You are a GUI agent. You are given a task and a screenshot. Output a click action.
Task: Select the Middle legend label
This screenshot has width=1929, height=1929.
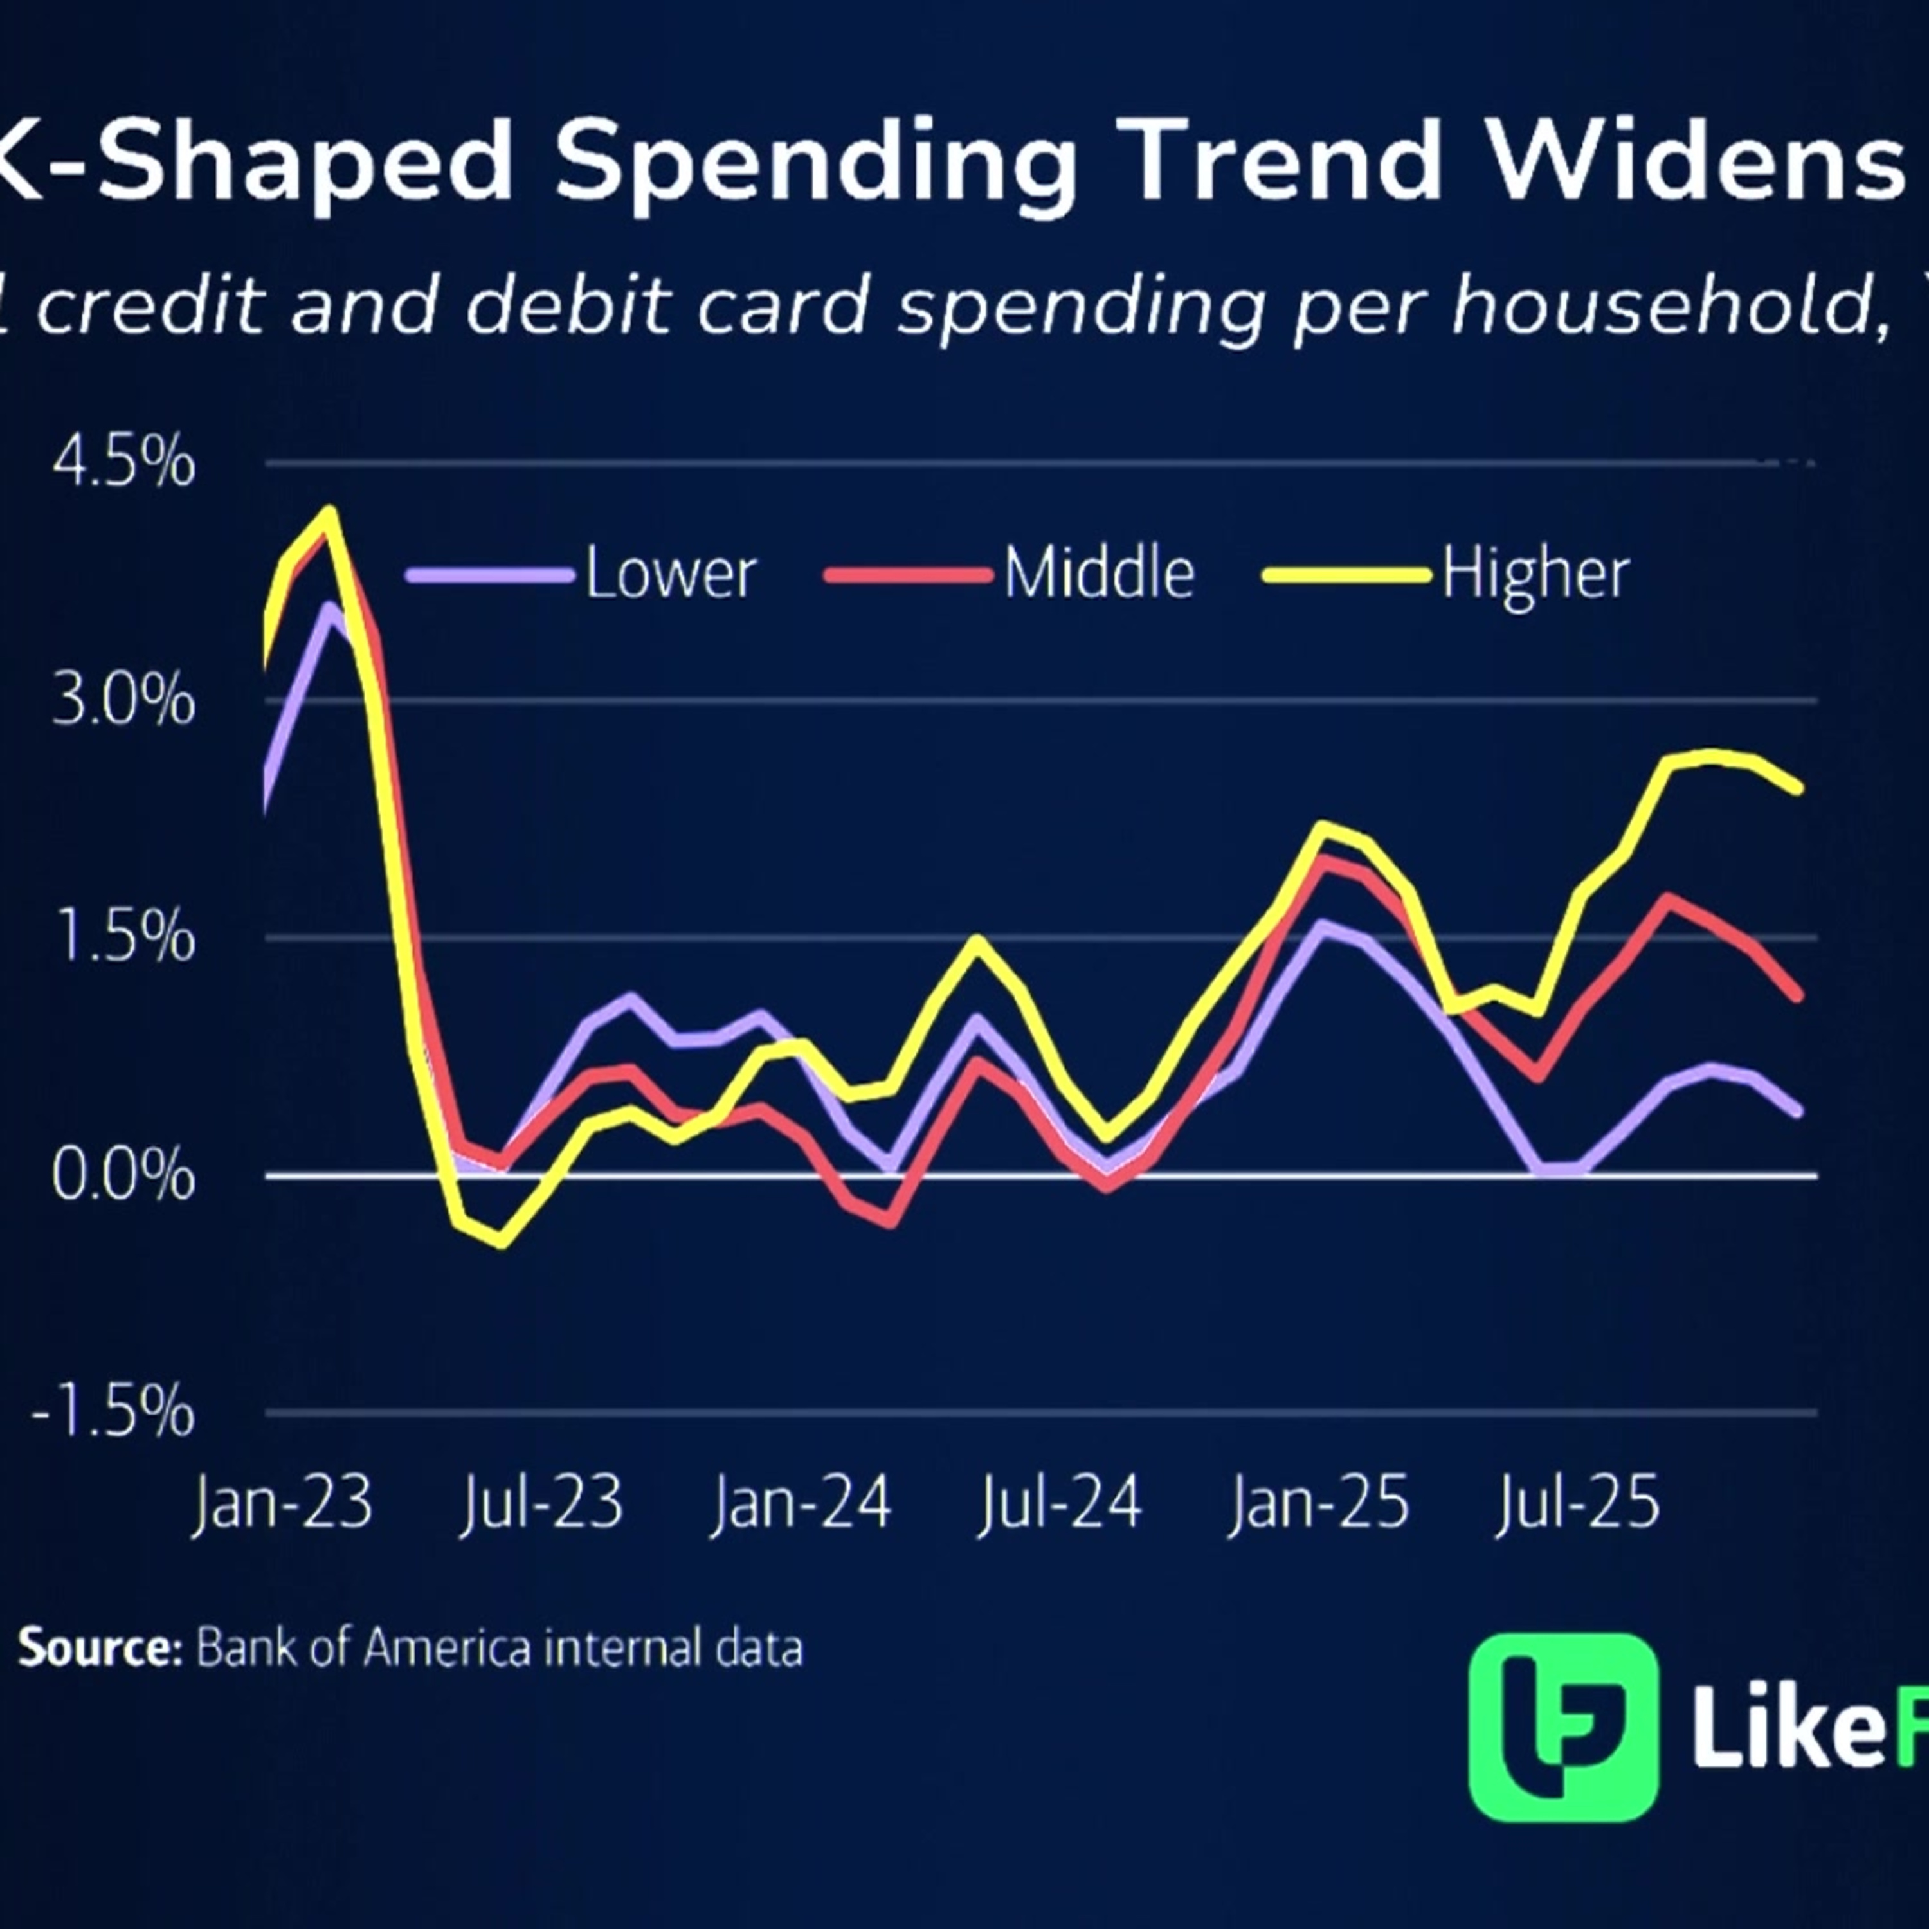point(1098,574)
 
